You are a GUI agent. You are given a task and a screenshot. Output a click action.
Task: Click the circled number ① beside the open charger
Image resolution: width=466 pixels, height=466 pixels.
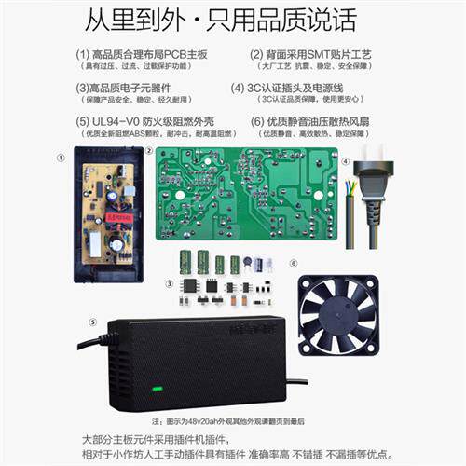(62, 158)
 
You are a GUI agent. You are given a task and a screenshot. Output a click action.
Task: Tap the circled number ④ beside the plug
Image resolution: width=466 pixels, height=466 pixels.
(344, 160)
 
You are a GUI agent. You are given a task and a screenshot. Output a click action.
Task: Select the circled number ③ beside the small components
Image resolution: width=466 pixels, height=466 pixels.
(168, 283)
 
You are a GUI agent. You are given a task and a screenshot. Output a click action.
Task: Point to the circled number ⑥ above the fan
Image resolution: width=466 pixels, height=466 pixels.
(292, 264)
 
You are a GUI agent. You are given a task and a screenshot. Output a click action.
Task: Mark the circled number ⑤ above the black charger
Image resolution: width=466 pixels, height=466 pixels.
(91, 322)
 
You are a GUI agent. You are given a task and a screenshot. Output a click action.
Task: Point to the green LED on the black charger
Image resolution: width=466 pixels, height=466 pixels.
(157, 389)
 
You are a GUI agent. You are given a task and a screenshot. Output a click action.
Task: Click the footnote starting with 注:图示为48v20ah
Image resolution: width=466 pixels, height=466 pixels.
(233, 421)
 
